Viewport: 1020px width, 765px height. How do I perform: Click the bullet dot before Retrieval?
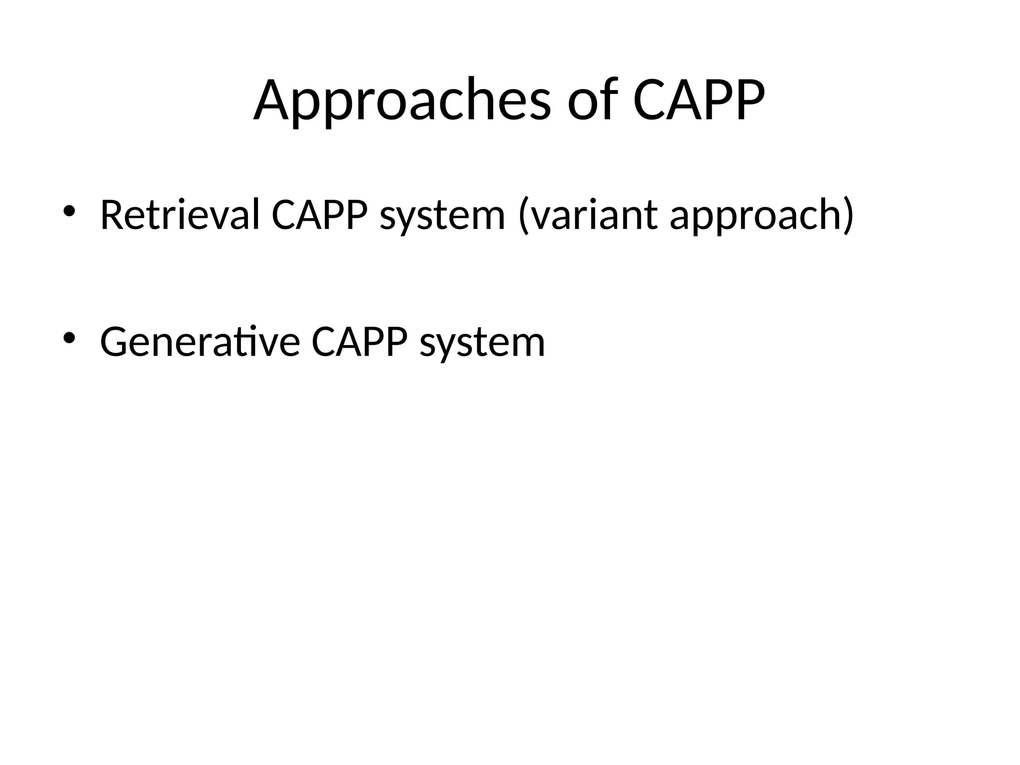(69, 212)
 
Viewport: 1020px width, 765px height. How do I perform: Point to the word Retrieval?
(180, 215)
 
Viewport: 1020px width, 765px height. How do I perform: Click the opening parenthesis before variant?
(523, 215)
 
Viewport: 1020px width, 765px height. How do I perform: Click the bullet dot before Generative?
(69, 339)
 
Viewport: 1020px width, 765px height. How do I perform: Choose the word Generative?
(200, 342)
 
